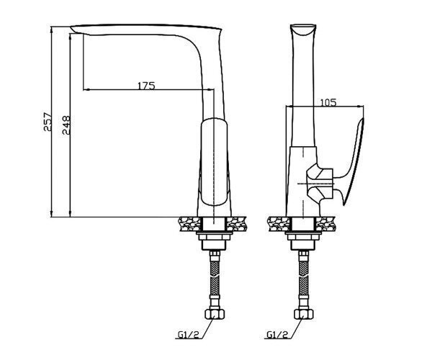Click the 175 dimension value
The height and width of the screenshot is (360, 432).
coord(146,86)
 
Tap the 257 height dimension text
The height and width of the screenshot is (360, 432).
coord(48,121)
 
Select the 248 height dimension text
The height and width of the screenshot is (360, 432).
coord(66,125)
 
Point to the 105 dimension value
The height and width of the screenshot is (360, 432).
coord(328,102)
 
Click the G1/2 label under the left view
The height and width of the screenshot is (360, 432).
coord(188,334)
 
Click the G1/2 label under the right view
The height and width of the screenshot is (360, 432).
coord(277,334)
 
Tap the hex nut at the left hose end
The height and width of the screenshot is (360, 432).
coord(215,314)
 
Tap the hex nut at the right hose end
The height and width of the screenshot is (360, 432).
coord(304,314)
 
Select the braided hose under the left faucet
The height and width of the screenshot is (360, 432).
coord(215,278)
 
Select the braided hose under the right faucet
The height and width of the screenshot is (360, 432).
coord(304,278)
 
